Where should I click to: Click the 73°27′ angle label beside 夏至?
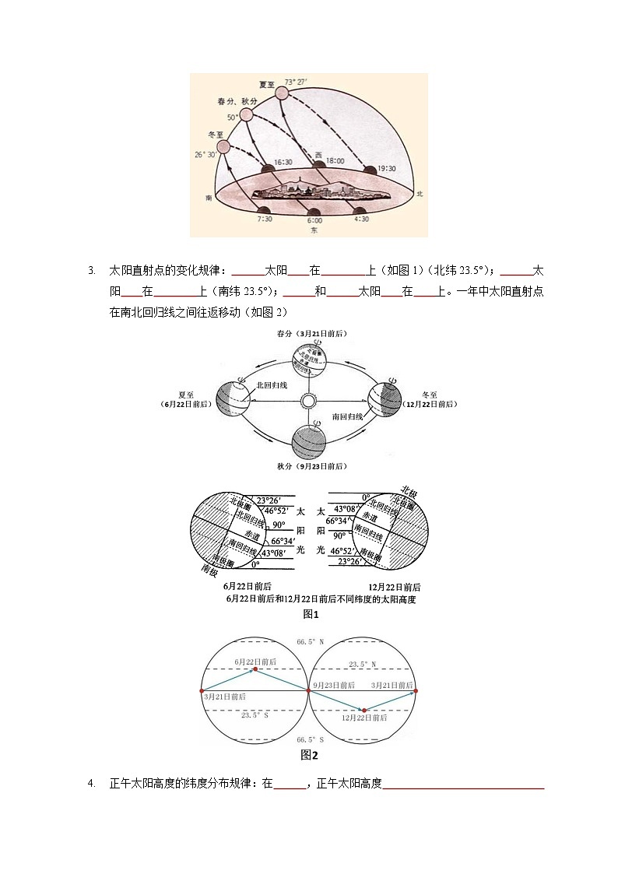pos(297,81)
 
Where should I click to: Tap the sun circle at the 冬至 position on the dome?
pos(223,146)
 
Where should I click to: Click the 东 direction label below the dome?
pos(314,230)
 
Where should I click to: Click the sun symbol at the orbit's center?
pos(308,401)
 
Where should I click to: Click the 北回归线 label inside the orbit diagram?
pos(272,384)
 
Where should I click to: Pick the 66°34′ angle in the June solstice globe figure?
pos(284,541)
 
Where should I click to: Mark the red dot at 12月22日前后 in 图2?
pos(363,710)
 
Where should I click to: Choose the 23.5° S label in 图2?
pos(255,714)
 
